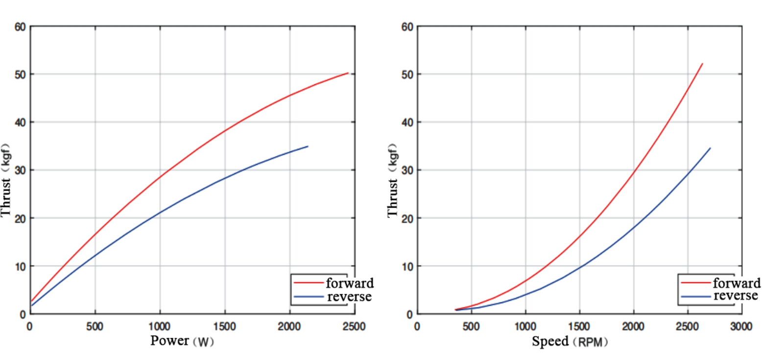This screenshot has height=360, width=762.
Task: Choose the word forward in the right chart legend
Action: click(x=737, y=283)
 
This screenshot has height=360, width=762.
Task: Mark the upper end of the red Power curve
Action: click(x=348, y=73)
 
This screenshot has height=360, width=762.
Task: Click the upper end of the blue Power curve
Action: click(x=308, y=146)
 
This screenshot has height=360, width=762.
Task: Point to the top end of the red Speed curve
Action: click(x=702, y=64)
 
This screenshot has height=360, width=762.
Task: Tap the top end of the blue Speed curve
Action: click(x=710, y=148)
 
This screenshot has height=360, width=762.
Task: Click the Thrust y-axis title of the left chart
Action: click(x=7, y=183)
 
